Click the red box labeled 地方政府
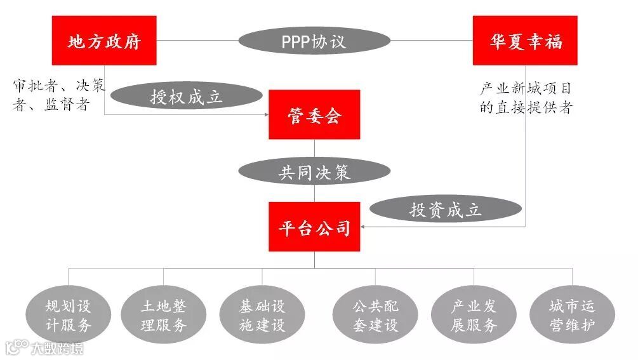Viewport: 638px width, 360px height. click(x=104, y=41)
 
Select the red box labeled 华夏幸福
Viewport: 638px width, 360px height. click(x=525, y=41)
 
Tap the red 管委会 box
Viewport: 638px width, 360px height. click(x=314, y=114)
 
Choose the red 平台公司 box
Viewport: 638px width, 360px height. click(x=314, y=227)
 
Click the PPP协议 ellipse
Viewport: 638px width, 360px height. click(x=314, y=41)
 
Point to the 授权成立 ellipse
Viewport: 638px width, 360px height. click(x=187, y=97)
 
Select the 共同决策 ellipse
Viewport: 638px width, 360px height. click(x=314, y=171)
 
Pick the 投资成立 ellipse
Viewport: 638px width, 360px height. click(x=445, y=210)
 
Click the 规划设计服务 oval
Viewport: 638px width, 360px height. click(x=68, y=316)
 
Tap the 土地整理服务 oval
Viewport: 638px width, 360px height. click(x=164, y=316)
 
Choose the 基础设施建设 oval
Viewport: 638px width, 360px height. click(x=262, y=316)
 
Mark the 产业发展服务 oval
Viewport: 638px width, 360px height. click(x=474, y=316)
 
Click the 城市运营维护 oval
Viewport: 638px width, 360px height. click(x=572, y=316)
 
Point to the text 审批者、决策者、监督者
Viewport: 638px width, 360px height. click(x=58, y=95)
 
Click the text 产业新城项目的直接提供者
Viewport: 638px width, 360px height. click(x=525, y=98)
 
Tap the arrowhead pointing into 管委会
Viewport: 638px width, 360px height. click(x=265, y=114)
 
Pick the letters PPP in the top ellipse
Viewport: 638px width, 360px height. click(x=296, y=41)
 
